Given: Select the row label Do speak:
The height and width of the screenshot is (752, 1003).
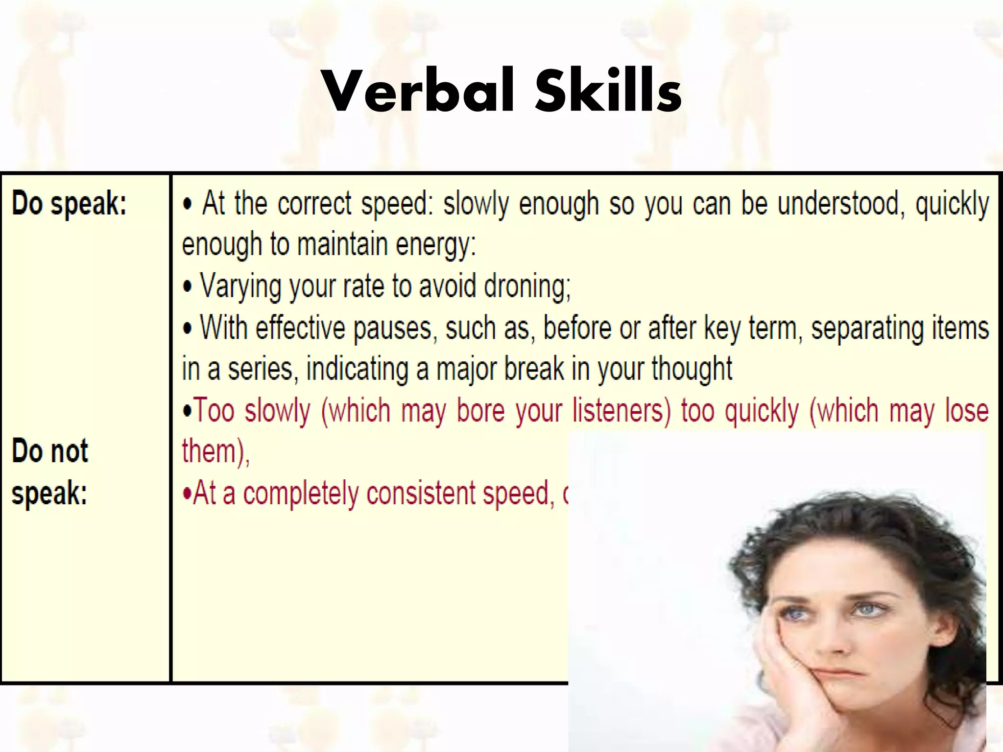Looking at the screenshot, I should (69, 203).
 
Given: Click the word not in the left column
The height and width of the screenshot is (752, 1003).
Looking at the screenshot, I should (69, 451).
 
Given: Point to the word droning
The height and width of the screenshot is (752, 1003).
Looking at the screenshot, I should (527, 286).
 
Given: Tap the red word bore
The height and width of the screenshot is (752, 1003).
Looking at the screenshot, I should (480, 410).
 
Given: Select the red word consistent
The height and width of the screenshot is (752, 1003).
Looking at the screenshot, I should (421, 493).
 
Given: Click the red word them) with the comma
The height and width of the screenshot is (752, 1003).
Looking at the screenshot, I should (215, 451).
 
